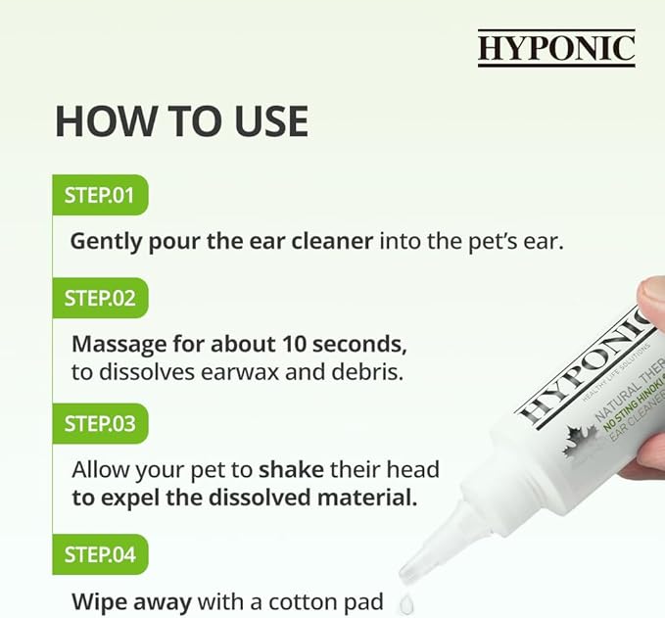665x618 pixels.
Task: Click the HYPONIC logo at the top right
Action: tap(556, 48)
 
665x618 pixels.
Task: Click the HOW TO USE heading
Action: tap(181, 120)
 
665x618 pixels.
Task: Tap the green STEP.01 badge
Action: tap(99, 194)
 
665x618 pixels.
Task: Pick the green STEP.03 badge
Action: tap(99, 423)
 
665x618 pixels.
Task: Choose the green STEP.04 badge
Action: tap(99, 554)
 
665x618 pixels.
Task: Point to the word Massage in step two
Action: tap(116, 346)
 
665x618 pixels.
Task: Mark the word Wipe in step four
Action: tap(97, 600)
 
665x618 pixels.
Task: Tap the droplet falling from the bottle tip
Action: tap(406, 605)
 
